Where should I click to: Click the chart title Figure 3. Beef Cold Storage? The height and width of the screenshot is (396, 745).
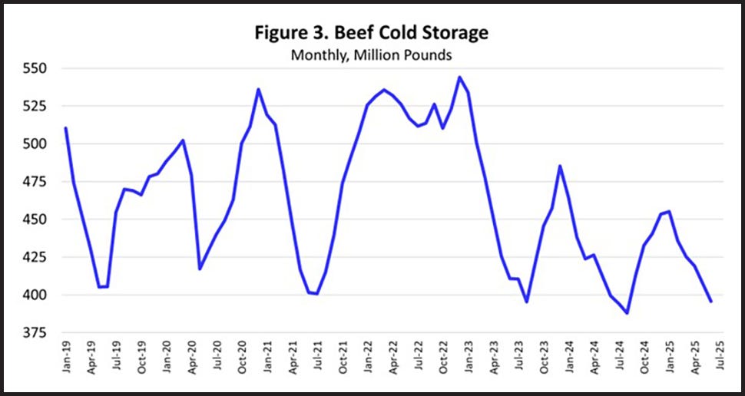pos(372,34)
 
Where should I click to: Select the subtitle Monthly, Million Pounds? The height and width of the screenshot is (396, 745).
pos(372,55)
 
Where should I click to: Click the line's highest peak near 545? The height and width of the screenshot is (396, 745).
pos(459,77)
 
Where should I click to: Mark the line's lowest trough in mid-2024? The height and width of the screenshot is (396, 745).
pos(627,313)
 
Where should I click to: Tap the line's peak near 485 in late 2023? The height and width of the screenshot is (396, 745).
pos(560,166)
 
